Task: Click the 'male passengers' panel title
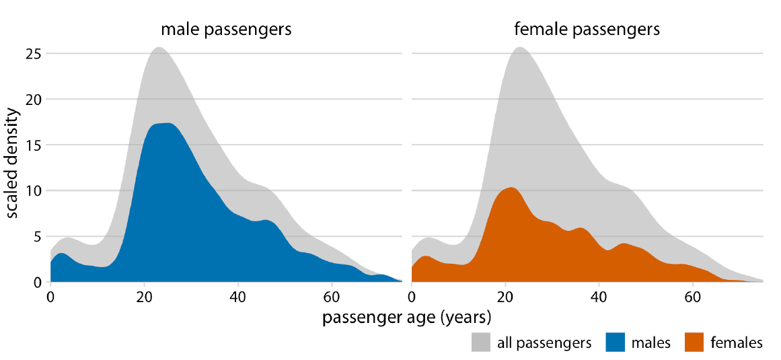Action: (225, 30)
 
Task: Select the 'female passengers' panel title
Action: (587, 30)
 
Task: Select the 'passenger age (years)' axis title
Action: (406, 317)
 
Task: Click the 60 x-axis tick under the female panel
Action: (691, 297)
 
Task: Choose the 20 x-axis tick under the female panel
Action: (505, 297)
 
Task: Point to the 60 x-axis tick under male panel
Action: (330, 297)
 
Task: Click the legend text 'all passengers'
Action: (544, 343)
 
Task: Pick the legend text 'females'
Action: (737, 343)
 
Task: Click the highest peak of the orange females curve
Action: (512, 188)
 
